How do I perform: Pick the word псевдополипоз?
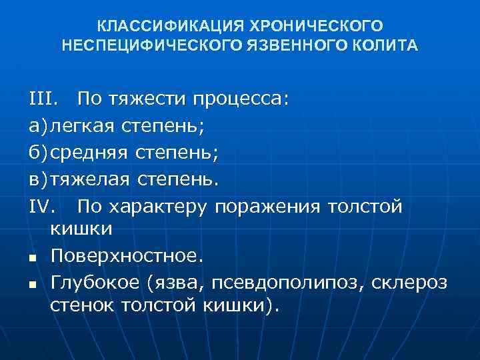tap(287, 283)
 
